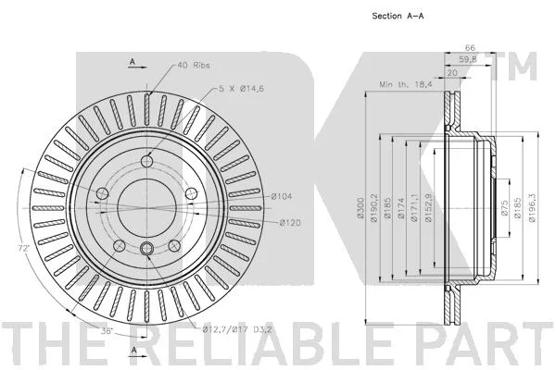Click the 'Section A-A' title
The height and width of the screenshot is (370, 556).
(x=398, y=16)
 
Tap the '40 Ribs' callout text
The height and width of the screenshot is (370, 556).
(x=194, y=65)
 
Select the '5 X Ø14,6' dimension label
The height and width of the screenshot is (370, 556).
(x=241, y=89)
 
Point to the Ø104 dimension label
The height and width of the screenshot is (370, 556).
(x=282, y=196)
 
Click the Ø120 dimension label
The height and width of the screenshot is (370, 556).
(x=290, y=223)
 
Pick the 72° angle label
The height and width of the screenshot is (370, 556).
(x=23, y=249)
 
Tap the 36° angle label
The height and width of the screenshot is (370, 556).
(x=107, y=331)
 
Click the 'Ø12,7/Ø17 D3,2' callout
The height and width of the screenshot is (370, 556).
(x=237, y=330)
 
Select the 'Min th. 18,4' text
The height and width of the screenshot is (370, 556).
(x=406, y=84)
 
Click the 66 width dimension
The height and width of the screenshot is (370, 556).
(x=470, y=47)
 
